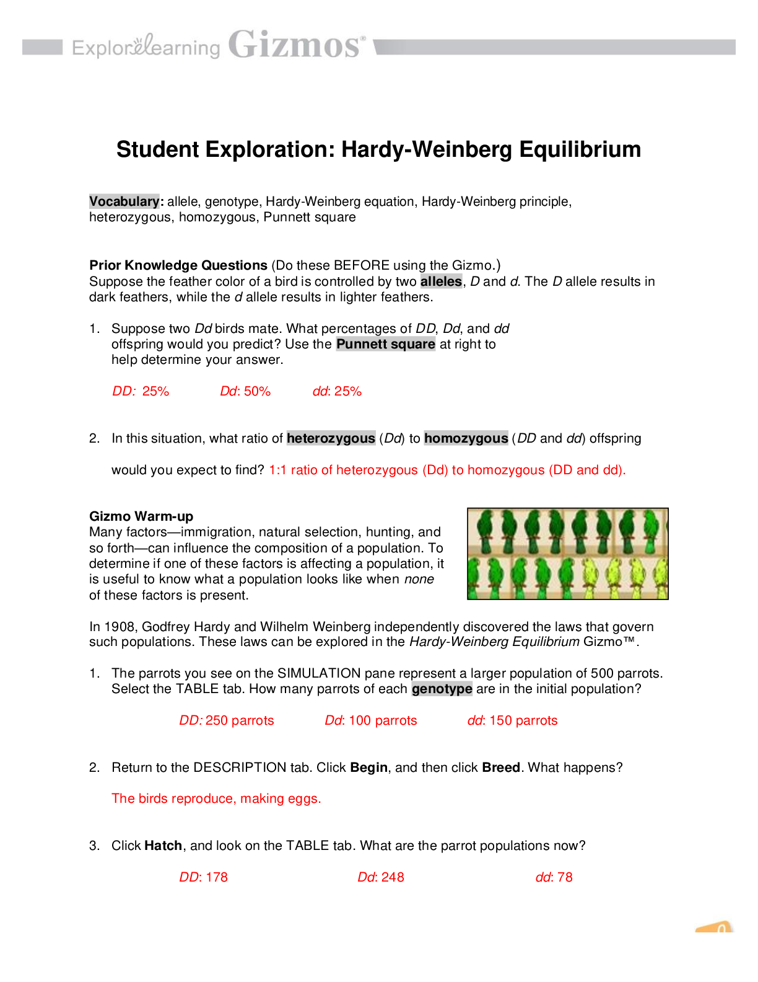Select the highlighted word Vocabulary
tap(124, 201)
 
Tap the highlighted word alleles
tap(441, 281)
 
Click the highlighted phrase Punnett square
tap(386, 344)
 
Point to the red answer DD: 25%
tap(141, 391)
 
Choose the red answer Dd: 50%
tap(245, 391)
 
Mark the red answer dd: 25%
tap(337, 391)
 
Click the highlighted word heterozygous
tap(331, 438)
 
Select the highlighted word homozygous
tap(466, 438)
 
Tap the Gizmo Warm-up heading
tap(141, 516)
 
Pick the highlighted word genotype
tap(442, 689)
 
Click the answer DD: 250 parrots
tap(227, 720)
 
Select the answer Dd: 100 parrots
tap(371, 720)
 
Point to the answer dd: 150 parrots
tap(512, 720)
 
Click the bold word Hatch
tap(163, 846)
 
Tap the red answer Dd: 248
tap(381, 877)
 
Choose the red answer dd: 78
tap(554, 877)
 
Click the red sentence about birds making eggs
tap(216, 798)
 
